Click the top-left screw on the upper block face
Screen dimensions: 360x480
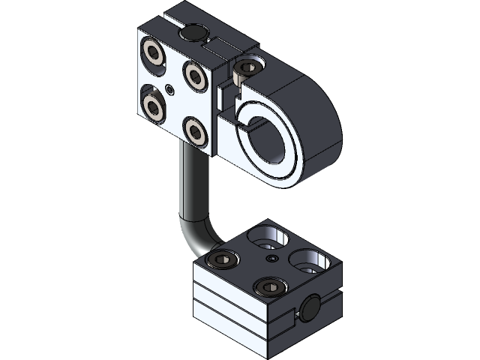(x=156, y=52)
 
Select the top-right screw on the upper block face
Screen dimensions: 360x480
(x=196, y=73)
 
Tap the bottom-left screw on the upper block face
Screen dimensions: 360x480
(x=155, y=106)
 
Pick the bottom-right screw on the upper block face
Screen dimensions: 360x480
(x=196, y=131)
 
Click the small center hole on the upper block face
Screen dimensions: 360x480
(x=173, y=90)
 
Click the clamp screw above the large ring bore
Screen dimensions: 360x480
(x=244, y=71)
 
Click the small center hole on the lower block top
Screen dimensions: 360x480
(x=271, y=259)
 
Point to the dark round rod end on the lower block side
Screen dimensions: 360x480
(x=310, y=308)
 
